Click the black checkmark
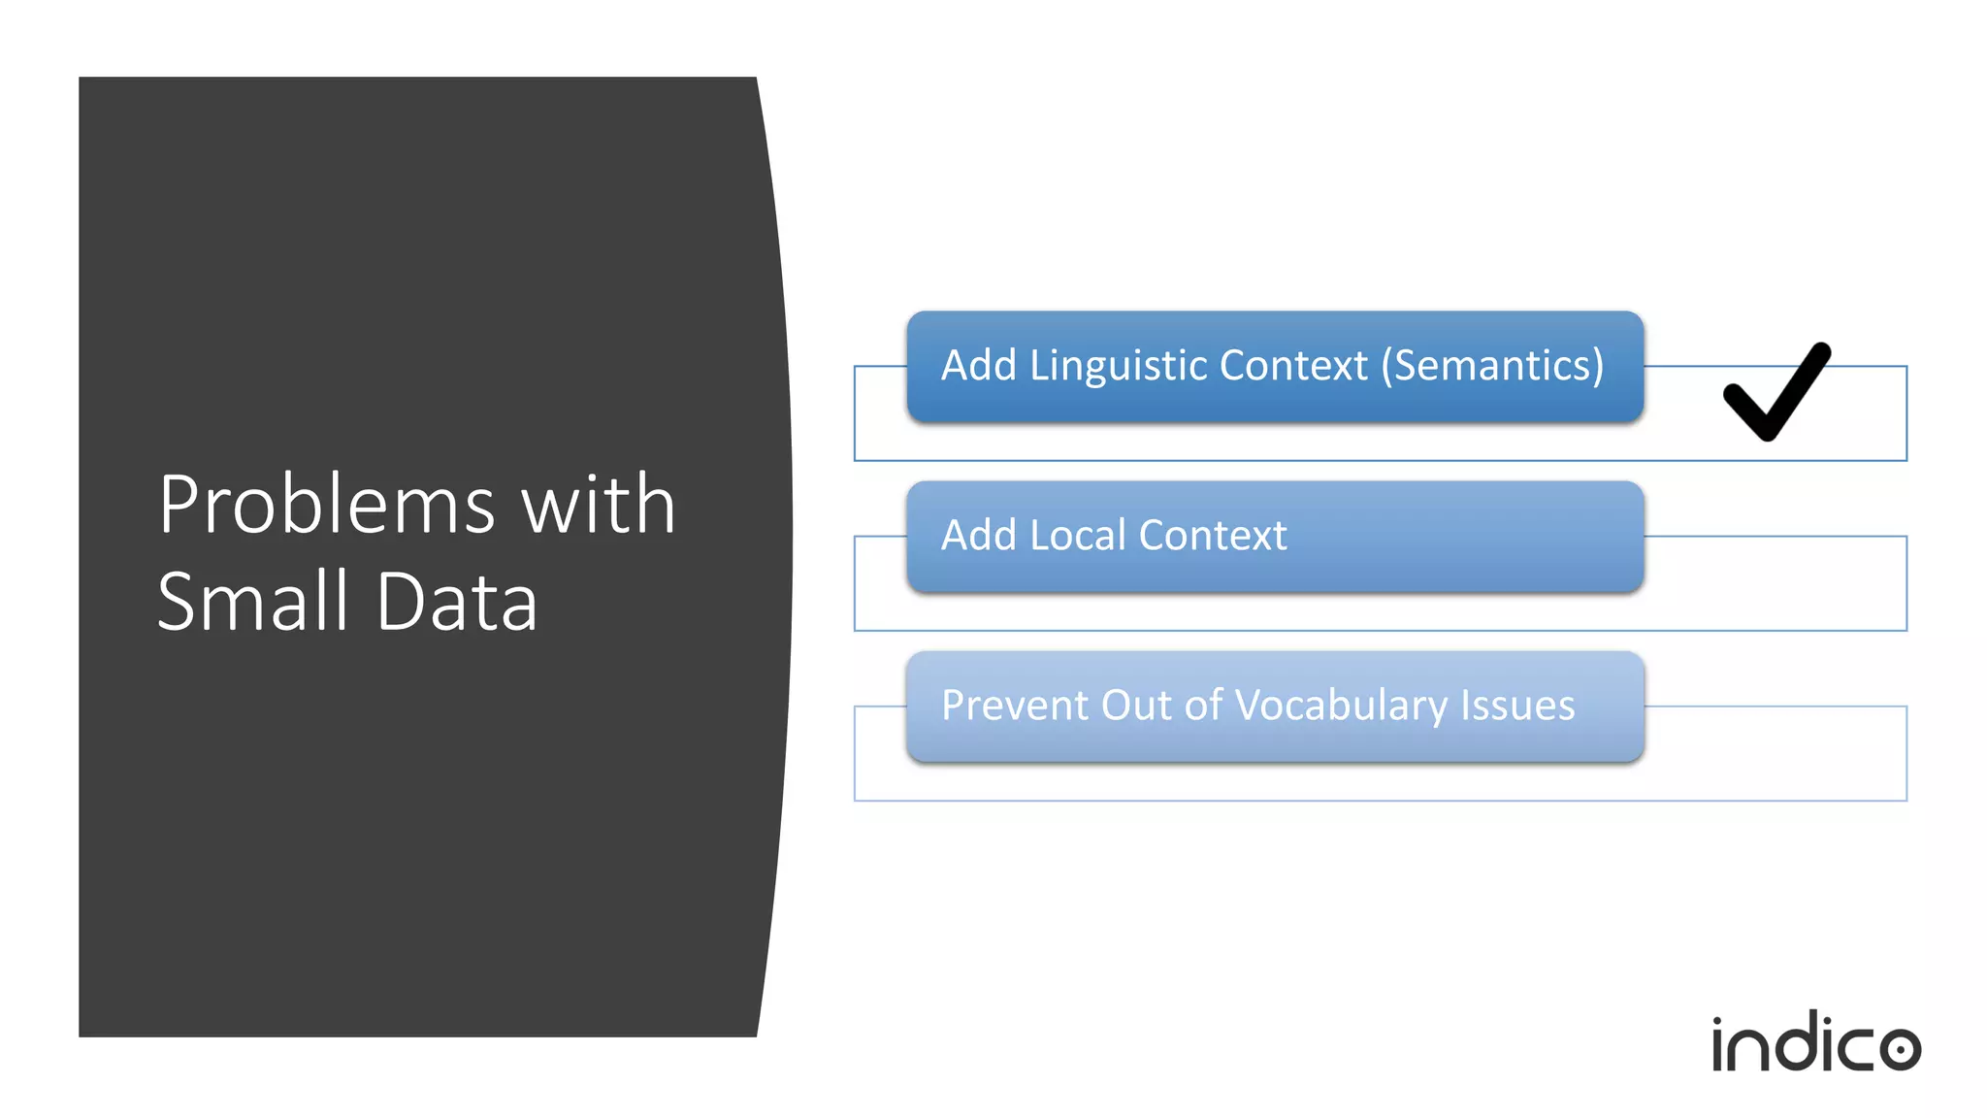[1775, 393]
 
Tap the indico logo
[1815, 1043]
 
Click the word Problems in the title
[327, 506]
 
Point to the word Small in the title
[252, 601]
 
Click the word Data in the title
[456, 602]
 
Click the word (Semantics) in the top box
[1492, 366]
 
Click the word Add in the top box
[978, 366]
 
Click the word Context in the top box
[1293, 366]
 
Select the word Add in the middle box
[978, 536]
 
